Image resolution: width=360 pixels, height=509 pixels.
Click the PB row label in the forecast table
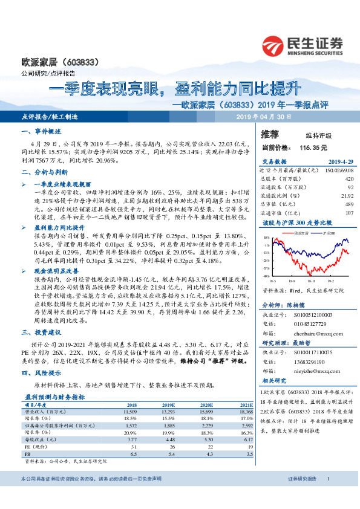27,453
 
